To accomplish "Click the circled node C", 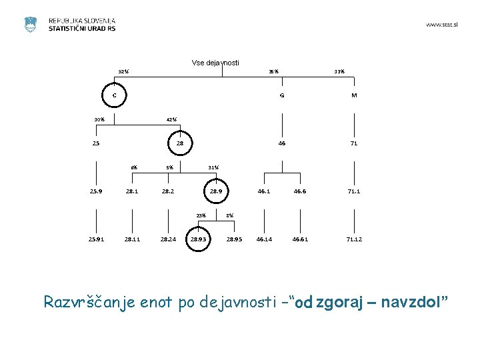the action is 114,95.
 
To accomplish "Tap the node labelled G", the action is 282,95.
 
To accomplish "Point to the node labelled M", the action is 354,95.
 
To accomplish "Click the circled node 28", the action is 180,143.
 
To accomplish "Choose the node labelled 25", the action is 96,143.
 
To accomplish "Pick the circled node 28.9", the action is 215,191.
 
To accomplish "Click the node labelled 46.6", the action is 300,191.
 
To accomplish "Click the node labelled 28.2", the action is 168,191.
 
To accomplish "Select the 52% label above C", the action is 123,72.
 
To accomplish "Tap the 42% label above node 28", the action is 171,120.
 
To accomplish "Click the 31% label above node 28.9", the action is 213,167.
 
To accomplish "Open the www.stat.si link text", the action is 441,25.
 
